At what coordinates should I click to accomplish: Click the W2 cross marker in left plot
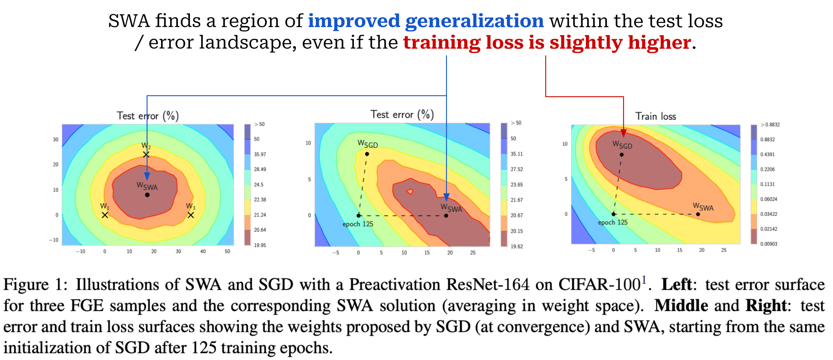(146, 155)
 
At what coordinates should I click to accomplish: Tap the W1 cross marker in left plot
(105, 215)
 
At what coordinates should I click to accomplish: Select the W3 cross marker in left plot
(191, 215)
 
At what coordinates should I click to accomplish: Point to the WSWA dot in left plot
(147, 195)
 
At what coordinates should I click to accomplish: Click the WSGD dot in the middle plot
(367, 154)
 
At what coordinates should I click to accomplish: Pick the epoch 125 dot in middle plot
(359, 215)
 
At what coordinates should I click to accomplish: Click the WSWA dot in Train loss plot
(698, 214)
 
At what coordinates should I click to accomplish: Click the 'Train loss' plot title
(655, 116)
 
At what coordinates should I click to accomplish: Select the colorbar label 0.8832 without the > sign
(767, 139)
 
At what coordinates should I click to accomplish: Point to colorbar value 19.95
(260, 245)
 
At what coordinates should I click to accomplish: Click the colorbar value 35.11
(516, 154)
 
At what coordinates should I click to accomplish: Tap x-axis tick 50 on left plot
(227, 251)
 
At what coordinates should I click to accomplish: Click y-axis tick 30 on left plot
(56, 139)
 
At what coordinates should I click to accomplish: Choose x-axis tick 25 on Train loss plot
(724, 250)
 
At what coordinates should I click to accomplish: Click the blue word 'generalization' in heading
(474, 21)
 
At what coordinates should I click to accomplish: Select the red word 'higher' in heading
(660, 42)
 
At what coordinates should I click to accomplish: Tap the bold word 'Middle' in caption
(681, 306)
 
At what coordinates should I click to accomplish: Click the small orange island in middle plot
(410, 191)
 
